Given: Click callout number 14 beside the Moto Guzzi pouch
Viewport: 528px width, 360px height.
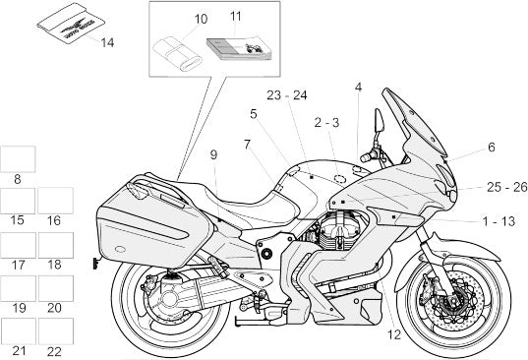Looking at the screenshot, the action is [x=107, y=42].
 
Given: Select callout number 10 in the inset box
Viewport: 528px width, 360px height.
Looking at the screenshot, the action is [x=201, y=20].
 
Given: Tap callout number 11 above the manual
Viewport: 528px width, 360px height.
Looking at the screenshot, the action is [x=236, y=16].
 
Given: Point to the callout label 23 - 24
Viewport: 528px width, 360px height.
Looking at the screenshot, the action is [x=287, y=95].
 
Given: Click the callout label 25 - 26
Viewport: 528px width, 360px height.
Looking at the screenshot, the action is [x=506, y=187].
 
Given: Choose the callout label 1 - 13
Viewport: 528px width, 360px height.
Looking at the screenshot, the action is [x=499, y=221].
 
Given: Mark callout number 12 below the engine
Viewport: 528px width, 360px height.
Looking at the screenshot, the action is [x=394, y=334].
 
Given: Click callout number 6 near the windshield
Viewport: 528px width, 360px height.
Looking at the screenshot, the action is [x=492, y=148].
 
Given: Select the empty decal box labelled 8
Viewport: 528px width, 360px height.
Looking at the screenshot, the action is [x=18, y=159].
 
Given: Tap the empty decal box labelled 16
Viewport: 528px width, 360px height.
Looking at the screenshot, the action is [x=56, y=201].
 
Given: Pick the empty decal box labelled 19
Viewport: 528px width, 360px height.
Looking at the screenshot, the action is [x=18, y=288].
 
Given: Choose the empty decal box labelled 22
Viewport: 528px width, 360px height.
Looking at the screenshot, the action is [x=56, y=331].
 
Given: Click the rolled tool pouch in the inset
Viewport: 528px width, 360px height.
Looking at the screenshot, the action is [x=177, y=54].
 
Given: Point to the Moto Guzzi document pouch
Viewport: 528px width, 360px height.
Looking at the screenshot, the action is [x=71, y=24].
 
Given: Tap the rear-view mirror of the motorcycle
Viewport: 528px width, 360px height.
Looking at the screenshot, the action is [x=380, y=120].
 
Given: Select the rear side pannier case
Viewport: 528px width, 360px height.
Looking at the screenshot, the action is [x=155, y=222].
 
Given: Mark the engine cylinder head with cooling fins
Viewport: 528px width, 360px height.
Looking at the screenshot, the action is [x=340, y=228].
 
